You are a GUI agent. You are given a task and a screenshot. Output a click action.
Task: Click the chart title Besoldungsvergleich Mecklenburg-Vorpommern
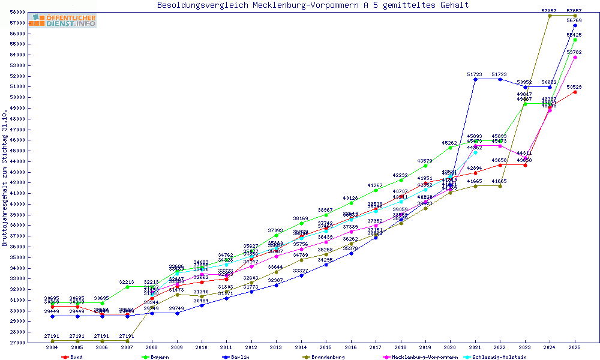click(x=313, y=5)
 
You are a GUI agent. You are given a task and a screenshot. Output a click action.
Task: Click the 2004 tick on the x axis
click(x=52, y=347)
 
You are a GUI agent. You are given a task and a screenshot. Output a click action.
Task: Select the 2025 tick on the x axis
click(x=575, y=347)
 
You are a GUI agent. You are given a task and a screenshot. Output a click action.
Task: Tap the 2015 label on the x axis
click(x=326, y=347)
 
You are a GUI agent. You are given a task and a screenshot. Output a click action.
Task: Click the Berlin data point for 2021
click(x=475, y=79)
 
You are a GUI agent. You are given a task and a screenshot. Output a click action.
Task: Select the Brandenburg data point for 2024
click(x=550, y=16)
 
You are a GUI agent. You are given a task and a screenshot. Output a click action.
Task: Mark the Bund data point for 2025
click(x=575, y=92)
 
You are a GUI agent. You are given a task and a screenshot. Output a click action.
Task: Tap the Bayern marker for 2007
click(x=127, y=287)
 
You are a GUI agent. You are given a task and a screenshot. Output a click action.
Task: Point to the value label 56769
click(x=574, y=20)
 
